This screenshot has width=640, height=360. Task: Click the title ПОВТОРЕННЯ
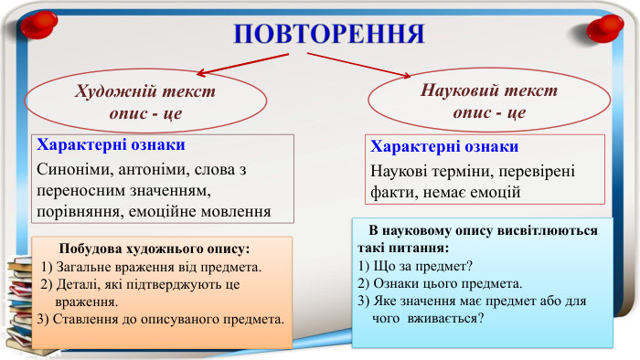328,33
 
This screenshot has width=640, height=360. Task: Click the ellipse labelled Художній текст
144,103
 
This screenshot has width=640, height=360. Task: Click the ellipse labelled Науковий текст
489,101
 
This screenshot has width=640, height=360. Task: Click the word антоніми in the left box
155,170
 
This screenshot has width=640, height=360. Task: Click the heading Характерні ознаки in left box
110,145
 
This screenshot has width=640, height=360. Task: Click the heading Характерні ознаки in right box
445,147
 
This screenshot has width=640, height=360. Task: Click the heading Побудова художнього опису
154,249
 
